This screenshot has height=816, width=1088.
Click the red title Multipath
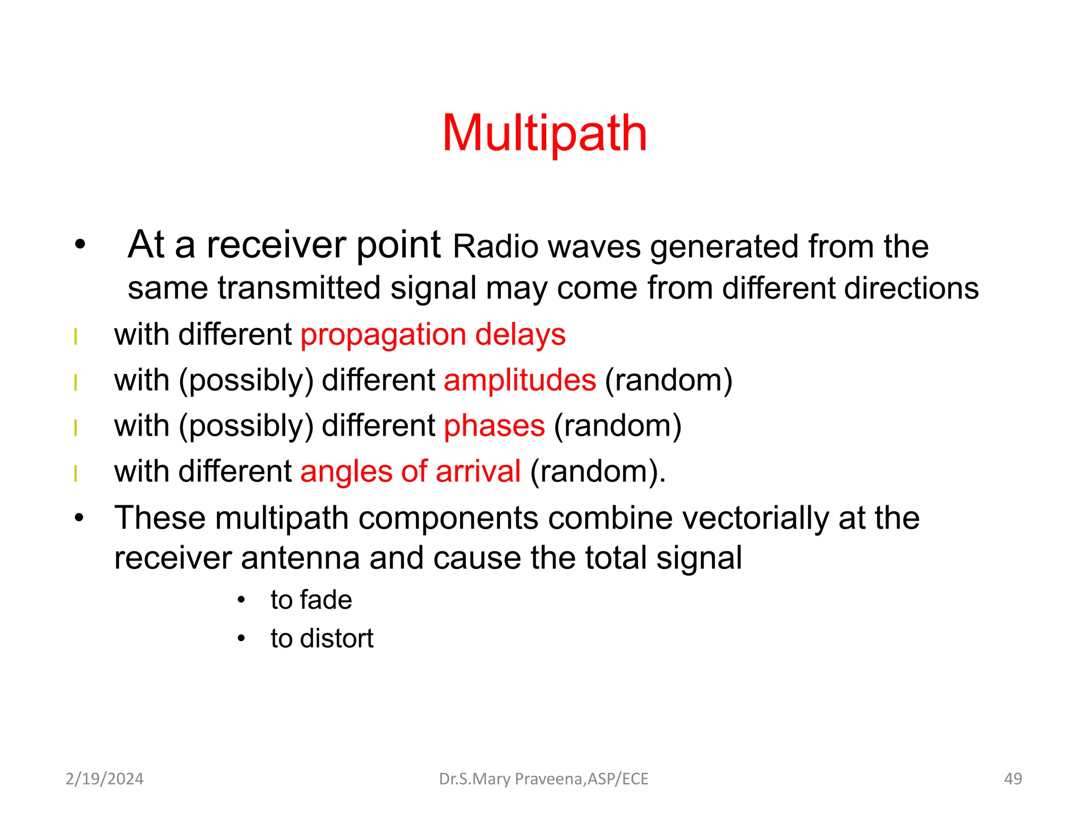click(544, 133)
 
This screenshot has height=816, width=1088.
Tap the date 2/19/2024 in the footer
click(104, 779)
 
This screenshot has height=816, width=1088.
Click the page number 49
click(1013, 779)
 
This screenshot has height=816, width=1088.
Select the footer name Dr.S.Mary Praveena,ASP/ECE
click(543, 779)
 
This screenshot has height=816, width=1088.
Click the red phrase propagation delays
click(433, 335)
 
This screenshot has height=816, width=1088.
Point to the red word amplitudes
click(520, 380)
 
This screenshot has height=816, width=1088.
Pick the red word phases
click(494, 426)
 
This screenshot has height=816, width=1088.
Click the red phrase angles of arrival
click(410, 472)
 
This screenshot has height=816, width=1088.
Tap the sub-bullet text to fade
click(311, 600)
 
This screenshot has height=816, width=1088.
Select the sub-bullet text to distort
click(321, 639)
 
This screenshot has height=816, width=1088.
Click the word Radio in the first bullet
click(495, 248)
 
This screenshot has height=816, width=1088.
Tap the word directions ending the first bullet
click(911, 288)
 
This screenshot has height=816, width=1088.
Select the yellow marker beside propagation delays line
click(76, 337)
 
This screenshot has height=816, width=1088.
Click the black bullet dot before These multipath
click(79, 518)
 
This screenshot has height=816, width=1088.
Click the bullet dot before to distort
click(241, 638)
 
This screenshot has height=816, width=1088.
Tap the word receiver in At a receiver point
click(276, 245)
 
